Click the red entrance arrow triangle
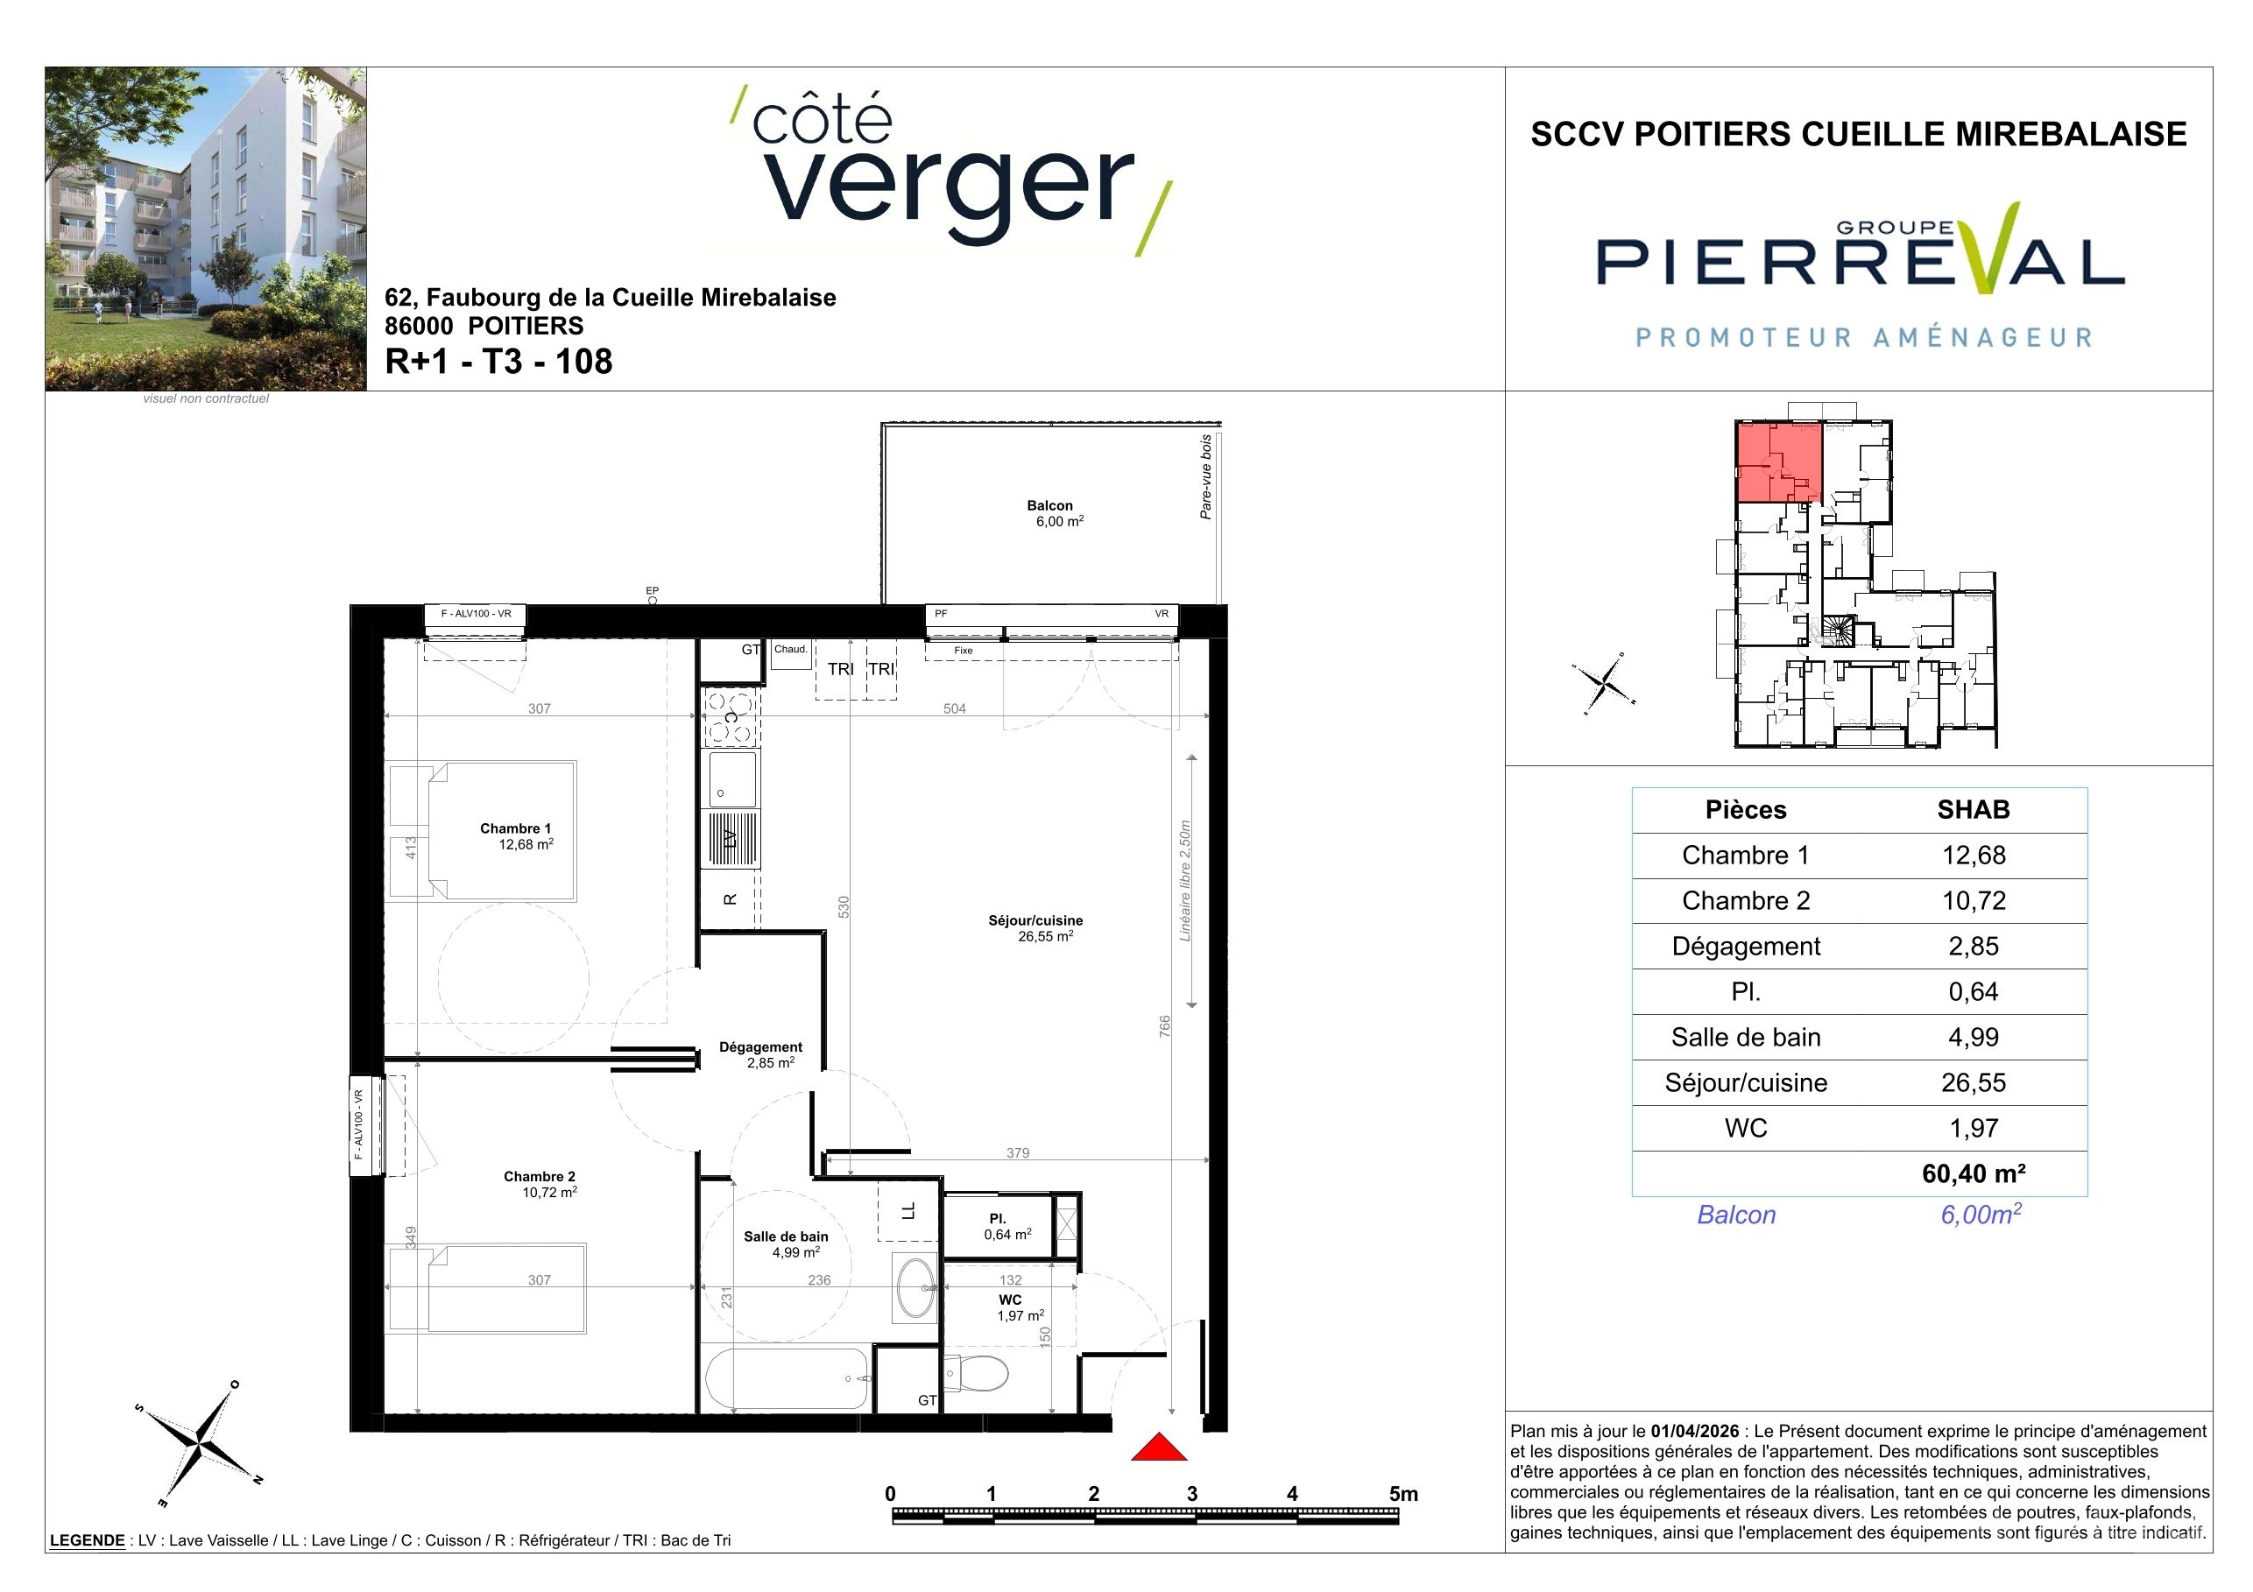(1159, 1447)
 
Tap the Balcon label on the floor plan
(1050, 506)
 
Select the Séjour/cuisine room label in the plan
(1035, 921)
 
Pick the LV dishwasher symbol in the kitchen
(730, 839)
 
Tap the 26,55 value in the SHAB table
(1974, 1083)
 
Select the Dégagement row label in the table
(1746, 947)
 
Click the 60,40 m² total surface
(1974, 1174)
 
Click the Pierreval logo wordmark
(1861, 260)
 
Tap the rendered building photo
(206, 229)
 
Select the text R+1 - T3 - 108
(498, 361)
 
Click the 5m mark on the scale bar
(1403, 1494)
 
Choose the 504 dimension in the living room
(955, 708)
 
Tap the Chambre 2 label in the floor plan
(540, 1177)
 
